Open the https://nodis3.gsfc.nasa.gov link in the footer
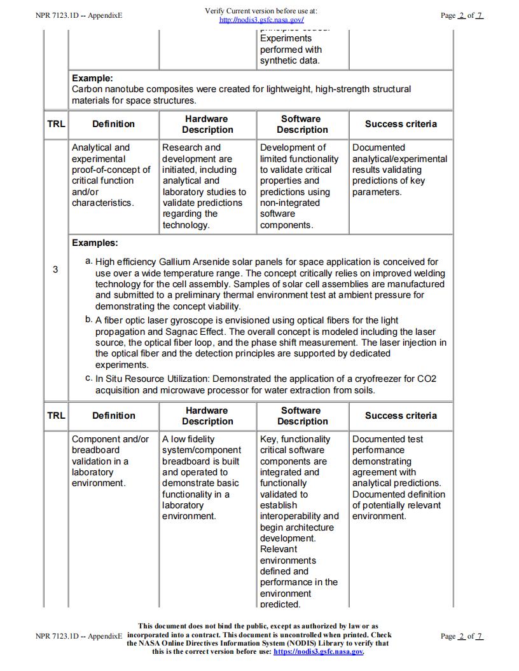click(318, 651)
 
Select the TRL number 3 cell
click(55, 269)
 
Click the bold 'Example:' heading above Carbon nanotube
click(92, 78)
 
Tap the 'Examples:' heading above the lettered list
click(95, 243)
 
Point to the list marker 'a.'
click(89, 261)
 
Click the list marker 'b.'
click(89, 319)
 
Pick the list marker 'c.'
click(89, 378)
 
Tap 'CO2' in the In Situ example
click(427, 379)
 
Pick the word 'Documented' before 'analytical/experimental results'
click(378, 147)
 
